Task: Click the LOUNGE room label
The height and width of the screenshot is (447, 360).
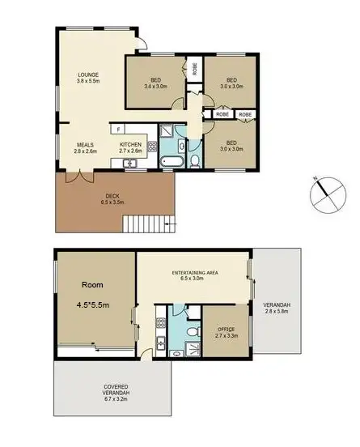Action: [87, 75]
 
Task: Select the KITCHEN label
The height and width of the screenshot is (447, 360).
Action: [131, 146]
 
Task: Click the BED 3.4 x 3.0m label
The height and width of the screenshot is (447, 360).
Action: [155, 83]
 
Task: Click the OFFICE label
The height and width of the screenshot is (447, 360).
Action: [226, 330]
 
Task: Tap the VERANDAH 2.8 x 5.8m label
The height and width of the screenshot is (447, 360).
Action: [276, 308]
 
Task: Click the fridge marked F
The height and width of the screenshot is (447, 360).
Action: [118, 130]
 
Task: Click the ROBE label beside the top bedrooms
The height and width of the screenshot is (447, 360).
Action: [194, 67]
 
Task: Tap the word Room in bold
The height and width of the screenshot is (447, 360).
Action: [93, 286]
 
